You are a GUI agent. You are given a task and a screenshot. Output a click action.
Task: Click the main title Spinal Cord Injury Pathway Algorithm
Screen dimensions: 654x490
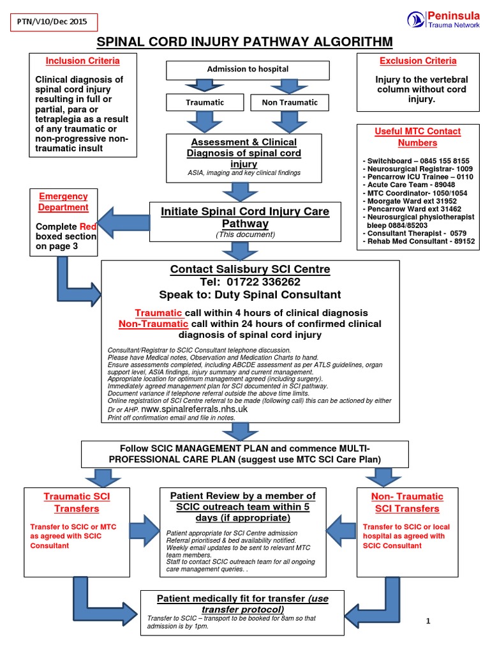(x=244, y=43)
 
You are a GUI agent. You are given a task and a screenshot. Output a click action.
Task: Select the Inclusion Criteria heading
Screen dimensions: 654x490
(x=82, y=61)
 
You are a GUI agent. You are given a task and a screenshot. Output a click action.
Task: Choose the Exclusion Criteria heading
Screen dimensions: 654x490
(x=418, y=61)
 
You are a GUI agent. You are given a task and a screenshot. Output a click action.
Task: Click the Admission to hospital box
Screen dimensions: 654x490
(x=248, y=69)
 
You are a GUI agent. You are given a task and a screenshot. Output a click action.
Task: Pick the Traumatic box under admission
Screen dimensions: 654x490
(x=205, y=102)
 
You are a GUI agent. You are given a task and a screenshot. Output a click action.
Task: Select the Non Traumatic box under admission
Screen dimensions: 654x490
(x=290, y=102)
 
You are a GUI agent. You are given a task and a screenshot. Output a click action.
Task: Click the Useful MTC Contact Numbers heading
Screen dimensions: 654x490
(x=417, y=137)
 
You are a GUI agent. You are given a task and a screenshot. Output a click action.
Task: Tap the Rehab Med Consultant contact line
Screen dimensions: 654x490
(x=418, y=241)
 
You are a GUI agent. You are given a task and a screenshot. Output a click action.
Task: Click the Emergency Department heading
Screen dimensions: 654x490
(x=63, y=202)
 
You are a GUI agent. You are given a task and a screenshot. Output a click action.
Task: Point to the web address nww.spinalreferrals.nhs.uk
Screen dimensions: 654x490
(x=185, y=407)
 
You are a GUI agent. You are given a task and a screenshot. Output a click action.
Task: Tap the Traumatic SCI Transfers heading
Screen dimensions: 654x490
(x=77, y=502)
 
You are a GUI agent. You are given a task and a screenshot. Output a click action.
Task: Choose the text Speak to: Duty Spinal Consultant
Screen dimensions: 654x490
(x=250, y=295)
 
